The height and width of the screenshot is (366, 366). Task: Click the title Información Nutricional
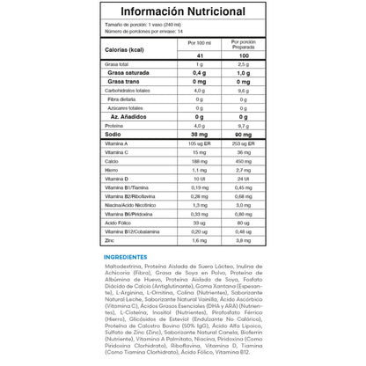point(182,11)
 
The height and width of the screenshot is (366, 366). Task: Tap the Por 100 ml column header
point(201,41)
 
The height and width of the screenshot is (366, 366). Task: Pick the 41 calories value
point(201,56)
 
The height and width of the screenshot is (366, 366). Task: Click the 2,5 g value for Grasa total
point(244,65)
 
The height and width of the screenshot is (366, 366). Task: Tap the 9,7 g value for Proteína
point(244,125)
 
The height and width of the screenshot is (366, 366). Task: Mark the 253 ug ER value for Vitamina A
point(244,143)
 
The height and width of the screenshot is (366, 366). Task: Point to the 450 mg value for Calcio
point(244,161)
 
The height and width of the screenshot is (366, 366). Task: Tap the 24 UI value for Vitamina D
point(244,179)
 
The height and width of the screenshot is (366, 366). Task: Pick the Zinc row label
point(110,239)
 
